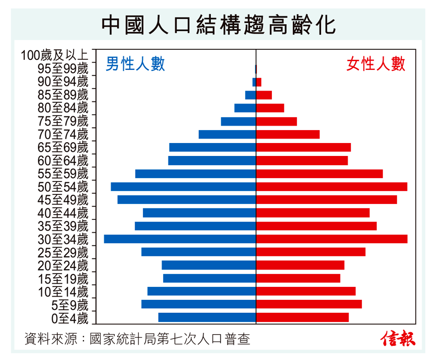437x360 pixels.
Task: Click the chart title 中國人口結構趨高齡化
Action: [218, 25]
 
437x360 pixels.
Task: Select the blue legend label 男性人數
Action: [135, 64]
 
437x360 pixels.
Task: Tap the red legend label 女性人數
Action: [376, 64]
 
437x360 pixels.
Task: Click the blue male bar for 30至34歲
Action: [180, 239]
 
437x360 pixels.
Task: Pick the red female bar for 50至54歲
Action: [331, 186]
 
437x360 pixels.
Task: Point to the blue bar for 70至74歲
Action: [227, 134]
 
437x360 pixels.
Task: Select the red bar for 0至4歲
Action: [302, 317]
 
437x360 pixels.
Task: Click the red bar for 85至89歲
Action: [264, 95]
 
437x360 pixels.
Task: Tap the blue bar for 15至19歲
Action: [209, 278]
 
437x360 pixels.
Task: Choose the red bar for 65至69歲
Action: [303, 147]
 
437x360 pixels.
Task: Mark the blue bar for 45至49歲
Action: [187, 199]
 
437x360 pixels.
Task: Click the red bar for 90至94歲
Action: [259, 82]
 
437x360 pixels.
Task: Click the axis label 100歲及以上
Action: [54, 55]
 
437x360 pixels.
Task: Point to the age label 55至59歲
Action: [63, 174]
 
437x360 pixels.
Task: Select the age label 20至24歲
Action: [63, 266]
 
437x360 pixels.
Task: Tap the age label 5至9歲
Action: [69, 305]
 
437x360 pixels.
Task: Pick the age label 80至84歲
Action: [63, 108]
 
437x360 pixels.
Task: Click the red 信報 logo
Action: [398, 338]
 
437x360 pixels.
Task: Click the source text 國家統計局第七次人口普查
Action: [170, 339]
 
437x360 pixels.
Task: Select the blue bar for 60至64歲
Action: [212, 161]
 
